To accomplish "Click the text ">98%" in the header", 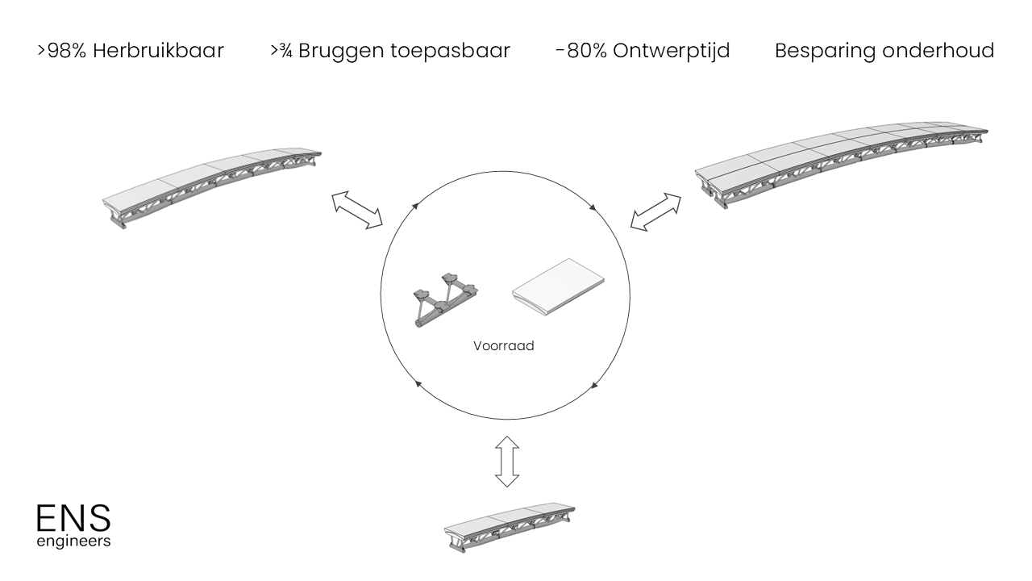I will click(x=61, y=51).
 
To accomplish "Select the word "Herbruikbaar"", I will click(x=158, y=51).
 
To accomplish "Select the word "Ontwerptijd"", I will click(x=672, y=51).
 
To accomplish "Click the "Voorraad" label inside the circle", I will click(x=504, y=346).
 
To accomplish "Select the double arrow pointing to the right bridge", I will click(x=655, y=212).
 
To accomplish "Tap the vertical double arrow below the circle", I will click(x=506, y=462).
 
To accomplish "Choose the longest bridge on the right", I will click(x=842, y=165).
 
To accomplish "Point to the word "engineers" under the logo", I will click(x=73, y=541).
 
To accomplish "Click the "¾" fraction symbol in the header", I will click(x=286, y=52).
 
